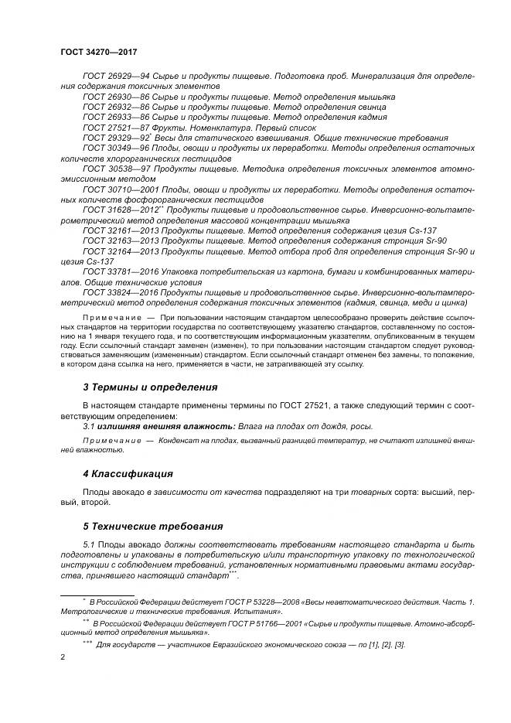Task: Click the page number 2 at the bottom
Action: click(x=62, y=657)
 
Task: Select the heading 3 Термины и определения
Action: click(x=150, y=387)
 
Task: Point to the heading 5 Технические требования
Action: click(x=152, y=526)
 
